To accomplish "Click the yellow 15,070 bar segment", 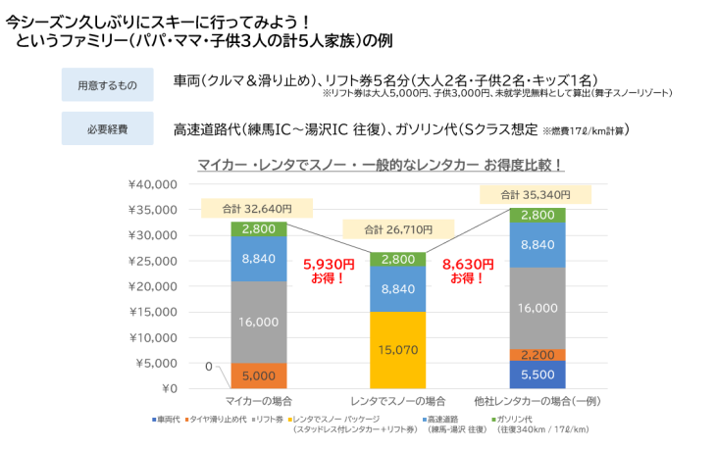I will tap(397, 350).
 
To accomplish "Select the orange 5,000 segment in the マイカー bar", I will tap(259, 375).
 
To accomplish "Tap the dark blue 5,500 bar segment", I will tap(537, 375).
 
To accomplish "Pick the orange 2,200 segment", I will tap(537, 355).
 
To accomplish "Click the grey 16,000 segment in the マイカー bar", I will tap(259, 322).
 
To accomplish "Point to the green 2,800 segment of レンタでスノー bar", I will tap(397, 259).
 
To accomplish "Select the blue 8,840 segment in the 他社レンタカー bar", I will tap(537, 245).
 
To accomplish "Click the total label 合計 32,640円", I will tap(259, 208).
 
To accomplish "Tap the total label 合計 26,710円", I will tap(397, 229).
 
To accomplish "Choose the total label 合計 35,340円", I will tap(536, 194).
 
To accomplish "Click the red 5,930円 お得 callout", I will tap(329, 271).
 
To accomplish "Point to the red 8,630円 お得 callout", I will tap(467, 271).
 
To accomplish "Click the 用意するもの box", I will tap(107, 85).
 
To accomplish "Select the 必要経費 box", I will tap(107, 128).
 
